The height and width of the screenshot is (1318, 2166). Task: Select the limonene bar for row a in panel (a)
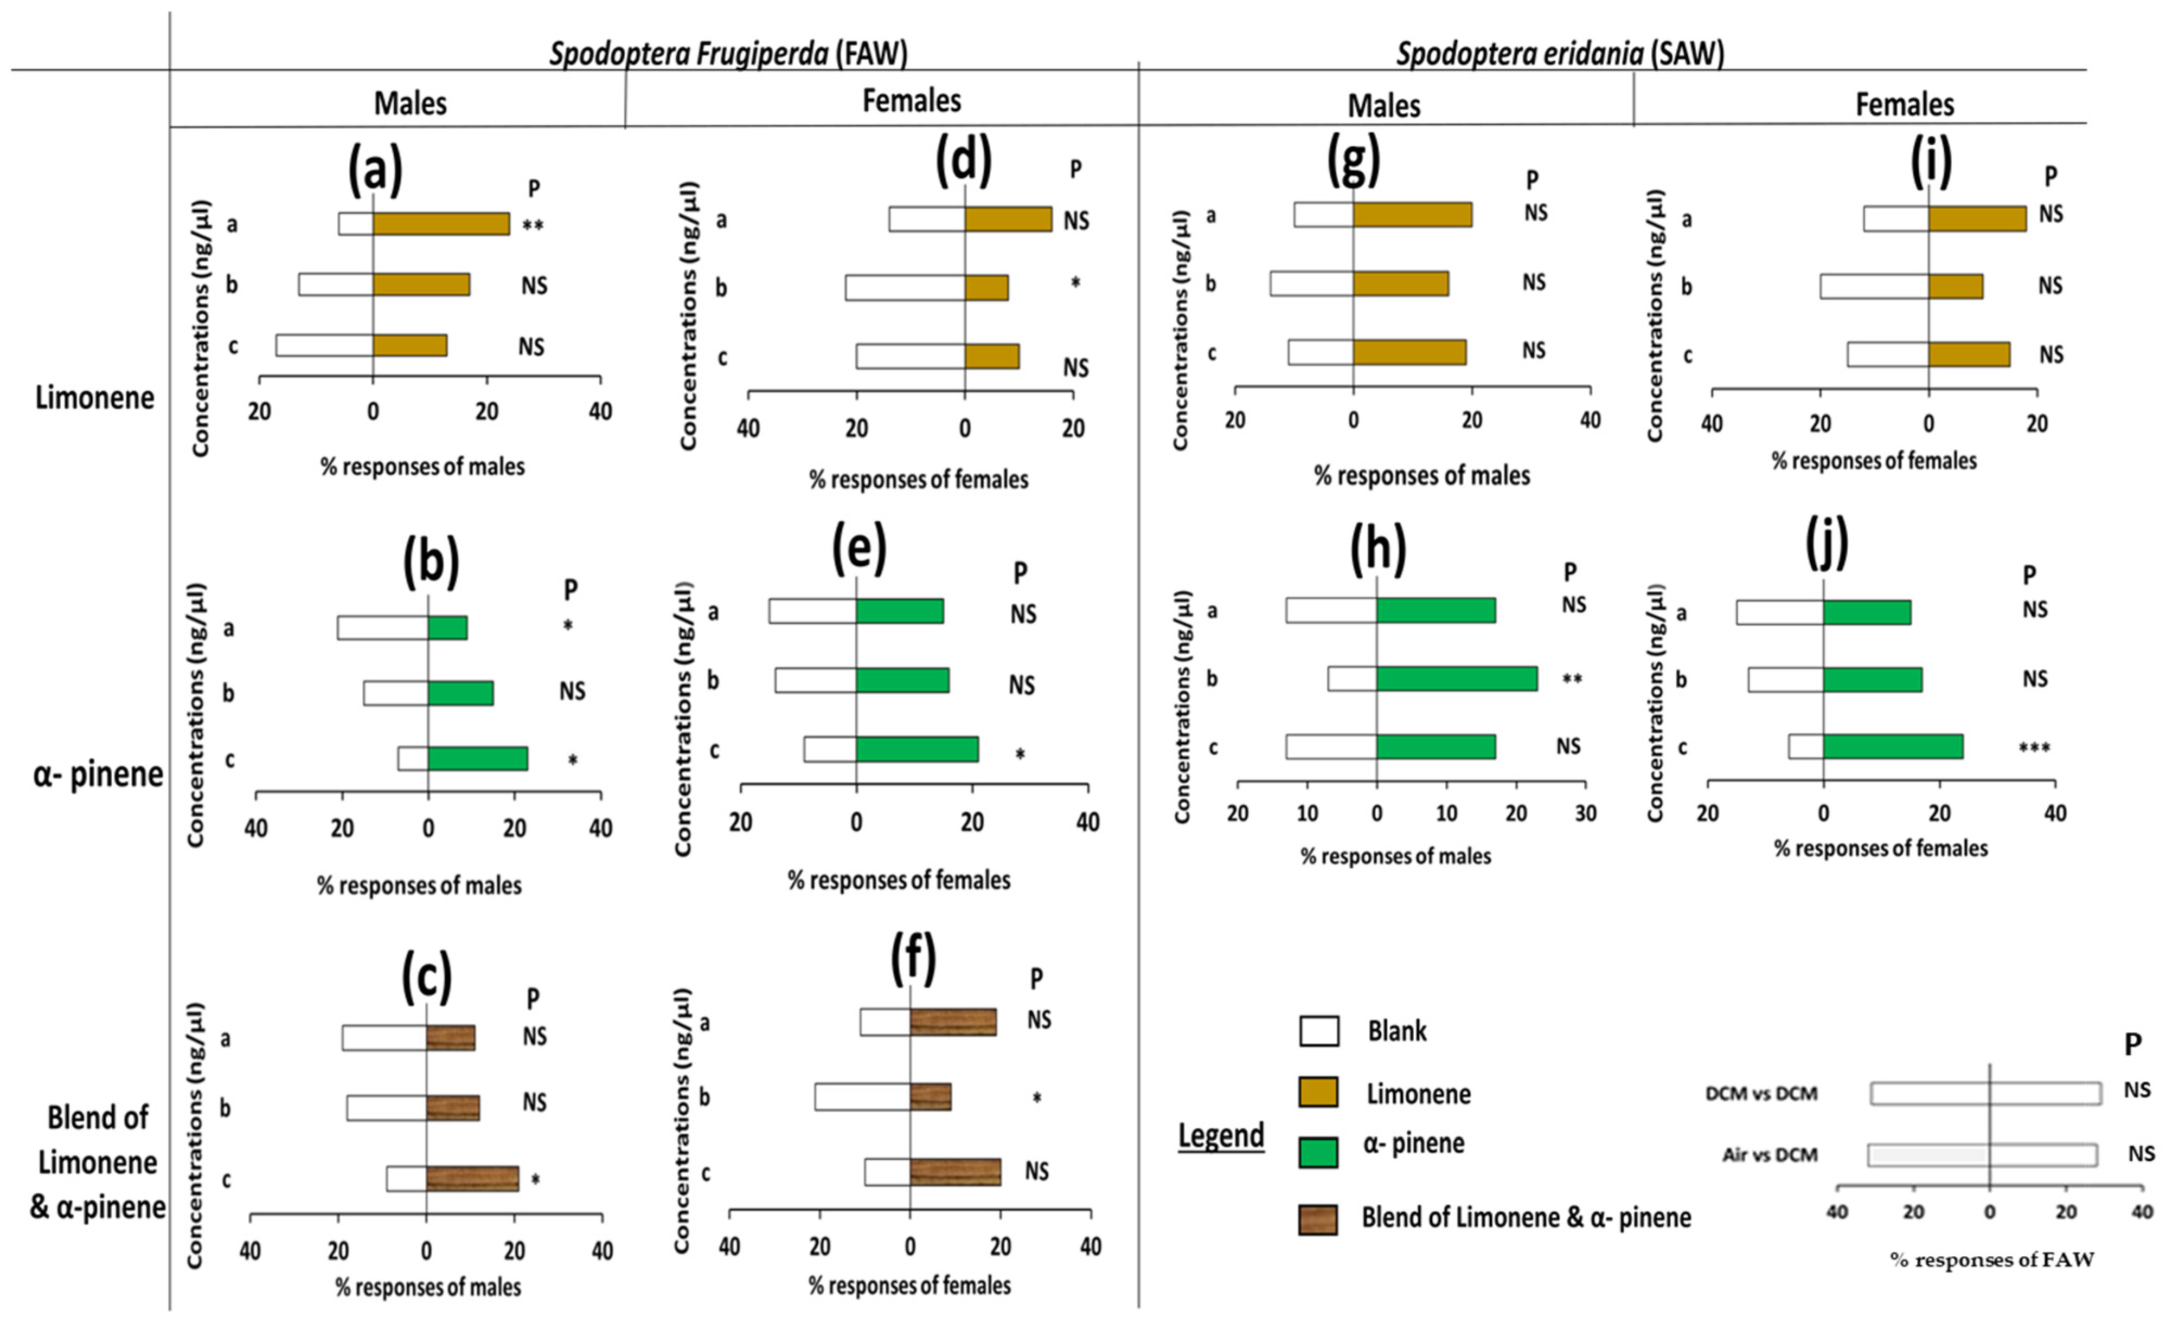441,224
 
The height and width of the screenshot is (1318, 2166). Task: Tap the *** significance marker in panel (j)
2034,748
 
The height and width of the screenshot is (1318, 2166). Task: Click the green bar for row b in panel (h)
1457,679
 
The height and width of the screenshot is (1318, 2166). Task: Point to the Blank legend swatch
1318,1031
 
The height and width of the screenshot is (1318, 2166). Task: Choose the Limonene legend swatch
1318,1092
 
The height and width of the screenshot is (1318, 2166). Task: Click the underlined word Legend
1221,1135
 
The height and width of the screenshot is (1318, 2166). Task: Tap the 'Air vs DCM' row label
1770,1154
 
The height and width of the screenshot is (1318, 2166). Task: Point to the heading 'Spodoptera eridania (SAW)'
1560,54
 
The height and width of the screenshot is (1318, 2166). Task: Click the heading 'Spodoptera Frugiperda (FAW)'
728,54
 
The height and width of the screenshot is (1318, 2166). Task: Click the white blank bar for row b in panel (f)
862,1096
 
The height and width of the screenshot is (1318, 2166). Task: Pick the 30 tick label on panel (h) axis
1585,813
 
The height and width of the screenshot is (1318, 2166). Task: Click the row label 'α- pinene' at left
98,774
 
